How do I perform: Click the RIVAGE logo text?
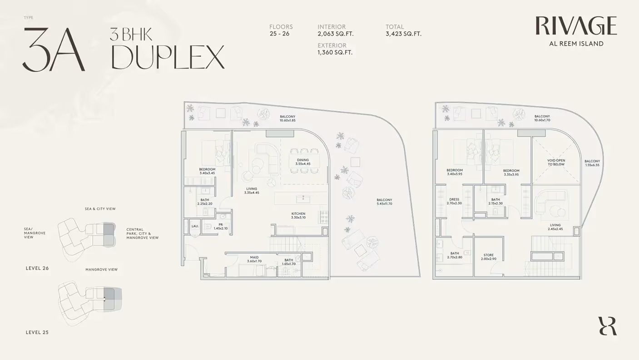[576, 26]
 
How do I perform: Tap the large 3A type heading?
[54, 50]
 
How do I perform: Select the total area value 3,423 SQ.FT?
[403, 34]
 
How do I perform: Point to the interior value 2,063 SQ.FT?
[335, 34]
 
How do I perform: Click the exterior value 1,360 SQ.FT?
[335, 53]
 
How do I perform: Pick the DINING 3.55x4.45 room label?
[302, 162]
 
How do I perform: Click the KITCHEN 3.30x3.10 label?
[298, 216]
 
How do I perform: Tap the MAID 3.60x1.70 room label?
[254, 259]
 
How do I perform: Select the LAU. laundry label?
[195, 226]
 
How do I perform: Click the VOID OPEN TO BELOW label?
[556, 163]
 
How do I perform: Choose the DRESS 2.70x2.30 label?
[454, 201]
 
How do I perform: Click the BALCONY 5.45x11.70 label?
[384, 202]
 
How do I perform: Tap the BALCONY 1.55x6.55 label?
[592, 163]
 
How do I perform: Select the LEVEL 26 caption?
[37, 268]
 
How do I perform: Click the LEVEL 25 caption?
[37, 332]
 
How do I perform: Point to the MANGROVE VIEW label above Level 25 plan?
[101, 270]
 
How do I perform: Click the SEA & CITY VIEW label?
[100, 209]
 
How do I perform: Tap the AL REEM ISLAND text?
[576, 44]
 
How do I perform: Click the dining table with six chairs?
[303, 161]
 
